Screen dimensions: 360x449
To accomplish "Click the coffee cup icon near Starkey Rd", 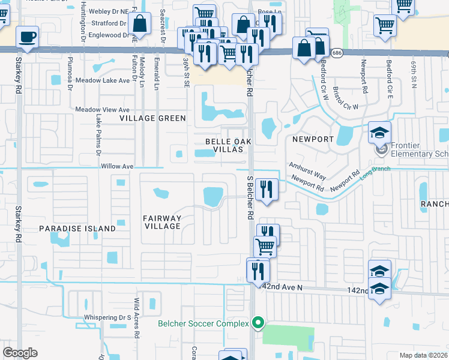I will click(x=28, y=37).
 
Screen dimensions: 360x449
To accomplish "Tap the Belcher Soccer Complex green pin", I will click(x=258, y=323).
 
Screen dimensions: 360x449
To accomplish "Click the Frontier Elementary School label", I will click(x=420, y=149).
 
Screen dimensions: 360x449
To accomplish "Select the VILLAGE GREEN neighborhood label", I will click(x=152, y=118).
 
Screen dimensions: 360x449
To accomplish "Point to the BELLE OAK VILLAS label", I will click(x=225, y=145).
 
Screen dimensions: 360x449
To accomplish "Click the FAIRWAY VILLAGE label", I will click(x=162, y=222).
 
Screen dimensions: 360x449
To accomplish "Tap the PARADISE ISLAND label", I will click(x=77, y=229).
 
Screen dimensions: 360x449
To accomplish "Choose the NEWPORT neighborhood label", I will click(x=313, y=139).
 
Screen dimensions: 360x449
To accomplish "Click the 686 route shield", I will click(x=337, y=53).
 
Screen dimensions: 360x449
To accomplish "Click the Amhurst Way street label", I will click(x=307, y=170).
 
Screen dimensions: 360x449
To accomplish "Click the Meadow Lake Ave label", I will click(x=107, y=80).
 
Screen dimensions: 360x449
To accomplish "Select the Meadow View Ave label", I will click(x=103, y=110).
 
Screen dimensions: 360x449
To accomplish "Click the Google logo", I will click(x=20, y=353).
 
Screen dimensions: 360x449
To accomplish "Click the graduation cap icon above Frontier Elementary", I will click(x=379, y=133).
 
